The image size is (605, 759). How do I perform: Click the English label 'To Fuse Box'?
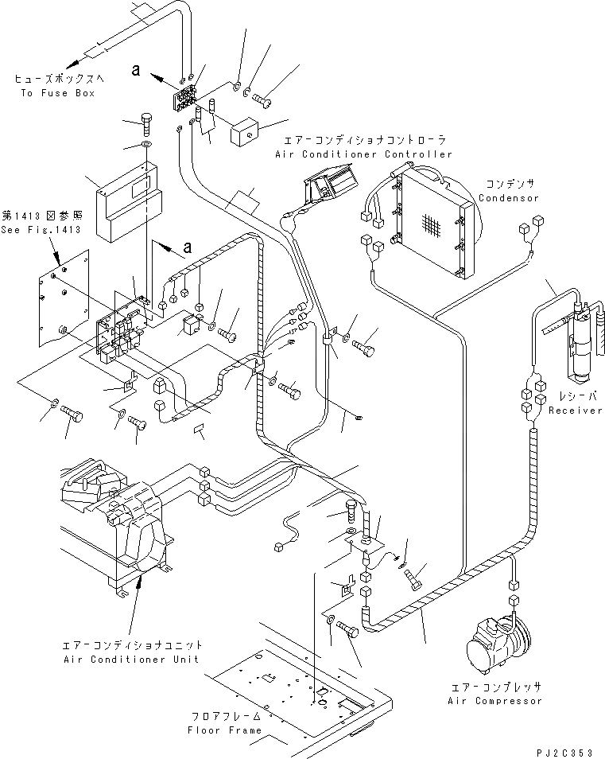pyautogui.click(x=66, y=93)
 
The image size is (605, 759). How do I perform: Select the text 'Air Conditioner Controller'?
pyautogui.click(x=363, y=154)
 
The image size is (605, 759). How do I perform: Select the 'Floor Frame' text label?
pyautogui.click(x=224, y=730)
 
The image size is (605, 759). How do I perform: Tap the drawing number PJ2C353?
pyautogui.click(x=565, y=749)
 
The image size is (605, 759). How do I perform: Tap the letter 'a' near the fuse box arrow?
pyautogui.click(x=136, y=71)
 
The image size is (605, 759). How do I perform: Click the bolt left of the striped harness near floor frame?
pyautogui.click(x=346, y=629)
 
